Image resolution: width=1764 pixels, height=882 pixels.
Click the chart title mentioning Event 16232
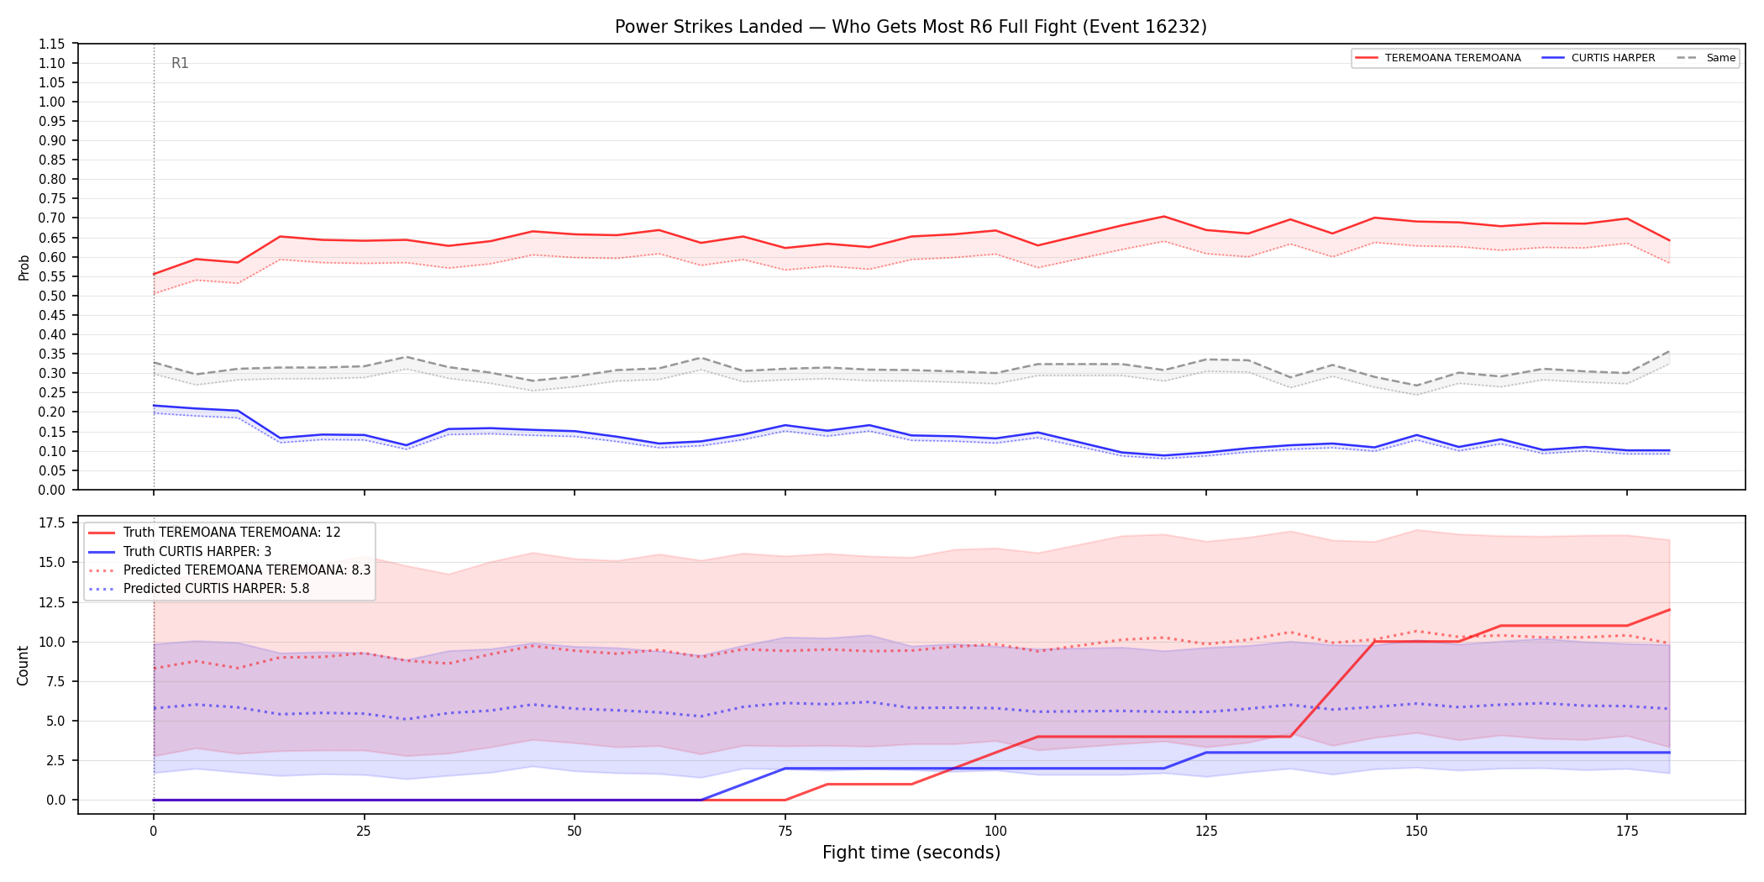pyautogui.click(x=911, y=27)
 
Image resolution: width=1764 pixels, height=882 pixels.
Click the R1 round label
pyautogui.click(x=180, y=63)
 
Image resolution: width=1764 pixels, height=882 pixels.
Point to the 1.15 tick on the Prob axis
pyautogui.click(x=52, y=44)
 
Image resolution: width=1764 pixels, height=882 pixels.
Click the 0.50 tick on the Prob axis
pyautogui.click(x=52, y=296)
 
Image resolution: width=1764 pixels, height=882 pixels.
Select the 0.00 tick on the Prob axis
pyautogui.click(x=52, y=490)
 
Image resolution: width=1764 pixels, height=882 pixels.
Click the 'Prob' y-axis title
pyautogui.click(x=24, y=267)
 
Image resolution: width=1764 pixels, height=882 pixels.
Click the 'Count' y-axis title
pyautogui.click(x=23, y=665)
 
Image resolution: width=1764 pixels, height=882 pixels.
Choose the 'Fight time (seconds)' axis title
pyautogui.click(x=911, y=853)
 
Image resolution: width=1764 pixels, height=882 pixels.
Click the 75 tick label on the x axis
pyautogui.click(x=785, y=832)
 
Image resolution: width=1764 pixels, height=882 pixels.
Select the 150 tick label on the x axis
pyautogui.click(x=1416, y=832)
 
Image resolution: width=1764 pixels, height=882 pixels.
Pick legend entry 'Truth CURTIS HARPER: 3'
pyautogui.click(x=197, y=552)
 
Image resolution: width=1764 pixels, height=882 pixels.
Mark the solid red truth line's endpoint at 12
pyautogui.click(x=1669, y=610)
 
